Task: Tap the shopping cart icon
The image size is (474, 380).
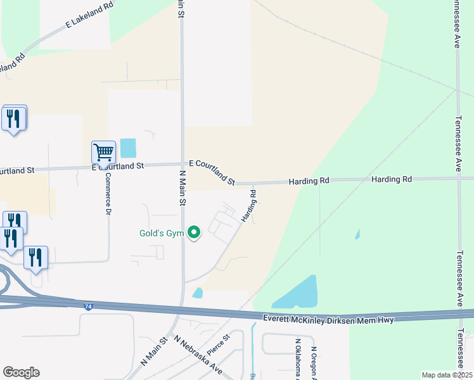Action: (x=103, y=152)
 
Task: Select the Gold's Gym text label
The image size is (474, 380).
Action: (x=162, y=233)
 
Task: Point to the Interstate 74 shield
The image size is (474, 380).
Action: (x=87, y=307)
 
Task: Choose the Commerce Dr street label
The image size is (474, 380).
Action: (x=108, y=193)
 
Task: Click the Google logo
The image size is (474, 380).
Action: (x=21, y=372)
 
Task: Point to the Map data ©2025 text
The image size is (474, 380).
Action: (x=446, y=375)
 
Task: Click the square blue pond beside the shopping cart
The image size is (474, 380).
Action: (x=128, y=148)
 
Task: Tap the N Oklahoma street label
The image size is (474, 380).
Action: (x=297, y=360)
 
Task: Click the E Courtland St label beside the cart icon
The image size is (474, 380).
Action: (x=118, y=166)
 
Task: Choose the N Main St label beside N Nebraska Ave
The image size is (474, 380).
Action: (x=154, y=350)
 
